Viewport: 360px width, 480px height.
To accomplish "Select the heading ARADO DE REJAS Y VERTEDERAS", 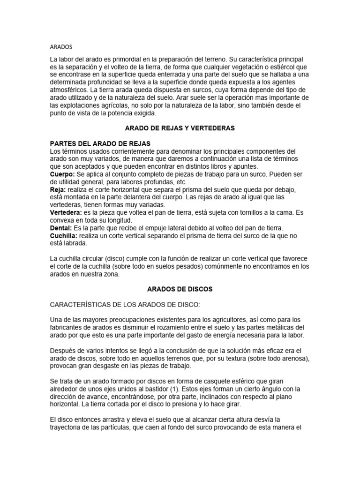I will pos(180,128).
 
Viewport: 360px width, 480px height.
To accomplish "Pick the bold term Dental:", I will pos(61,228).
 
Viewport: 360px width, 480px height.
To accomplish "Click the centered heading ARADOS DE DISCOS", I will pos(180,289).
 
